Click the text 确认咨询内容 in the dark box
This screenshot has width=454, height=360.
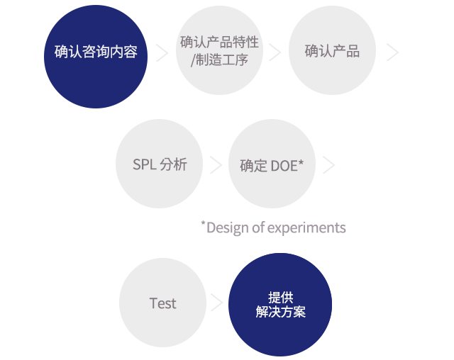click(96, 52)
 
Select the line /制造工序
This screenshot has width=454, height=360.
click(219, 60)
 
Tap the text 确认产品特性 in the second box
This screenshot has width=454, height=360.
click(219, 42)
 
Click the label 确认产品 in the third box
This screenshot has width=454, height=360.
click(332, 51)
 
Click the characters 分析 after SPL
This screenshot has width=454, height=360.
click(174, 164)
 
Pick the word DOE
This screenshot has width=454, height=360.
click(283, 166)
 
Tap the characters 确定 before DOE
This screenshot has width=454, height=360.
click(253, 166)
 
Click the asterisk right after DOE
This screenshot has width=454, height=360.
click(301, 163)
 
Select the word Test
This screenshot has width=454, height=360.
click(162, 303)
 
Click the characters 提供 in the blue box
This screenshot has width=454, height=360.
click(280, 297)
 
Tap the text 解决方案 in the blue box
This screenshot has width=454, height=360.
click(280, 312)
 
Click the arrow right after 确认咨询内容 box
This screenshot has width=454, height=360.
click(162, 52)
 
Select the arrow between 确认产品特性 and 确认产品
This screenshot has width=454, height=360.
click(275, 52)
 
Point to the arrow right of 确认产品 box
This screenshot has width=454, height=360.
click(393, 52)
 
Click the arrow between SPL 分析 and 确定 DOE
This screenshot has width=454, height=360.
click(216, 165)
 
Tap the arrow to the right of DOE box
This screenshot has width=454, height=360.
click(328, 165)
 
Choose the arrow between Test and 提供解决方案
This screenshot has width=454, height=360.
click(217, 303)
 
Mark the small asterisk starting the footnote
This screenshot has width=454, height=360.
click(203, 224)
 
